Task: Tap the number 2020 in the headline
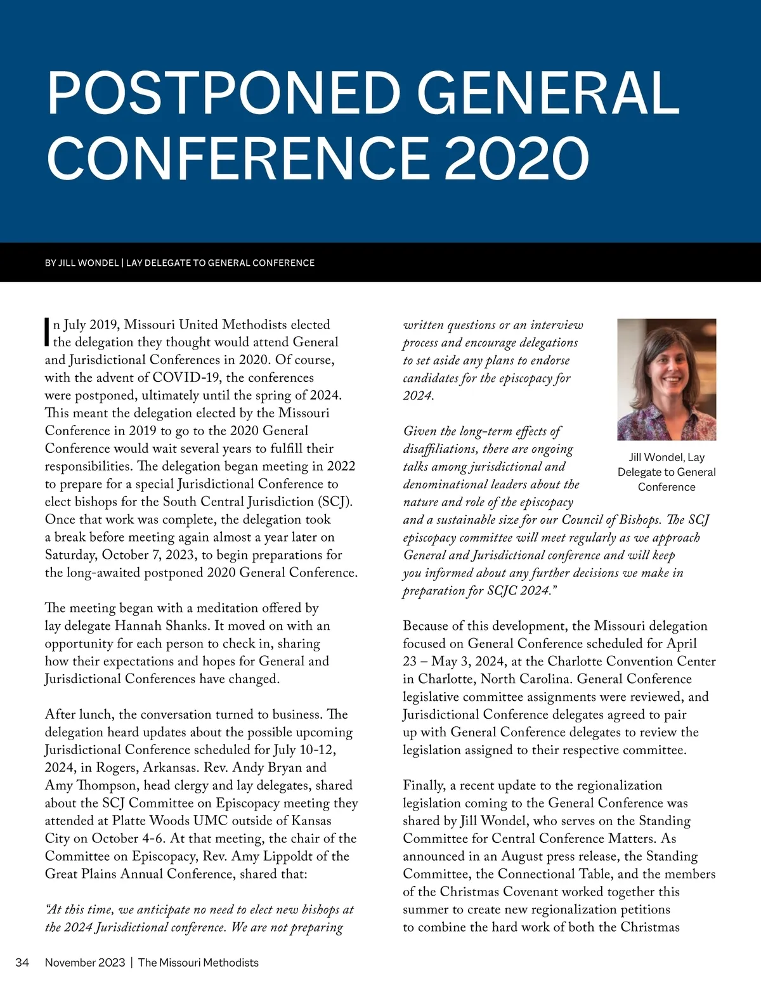pos(517,158)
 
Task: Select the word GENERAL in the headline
pos(548,94)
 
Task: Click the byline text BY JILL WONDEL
pos(82,263)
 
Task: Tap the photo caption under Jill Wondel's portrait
pos(667,472)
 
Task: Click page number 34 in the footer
pos(22,962)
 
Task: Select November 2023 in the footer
pos(85,962)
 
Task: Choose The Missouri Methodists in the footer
pos(198,962)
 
